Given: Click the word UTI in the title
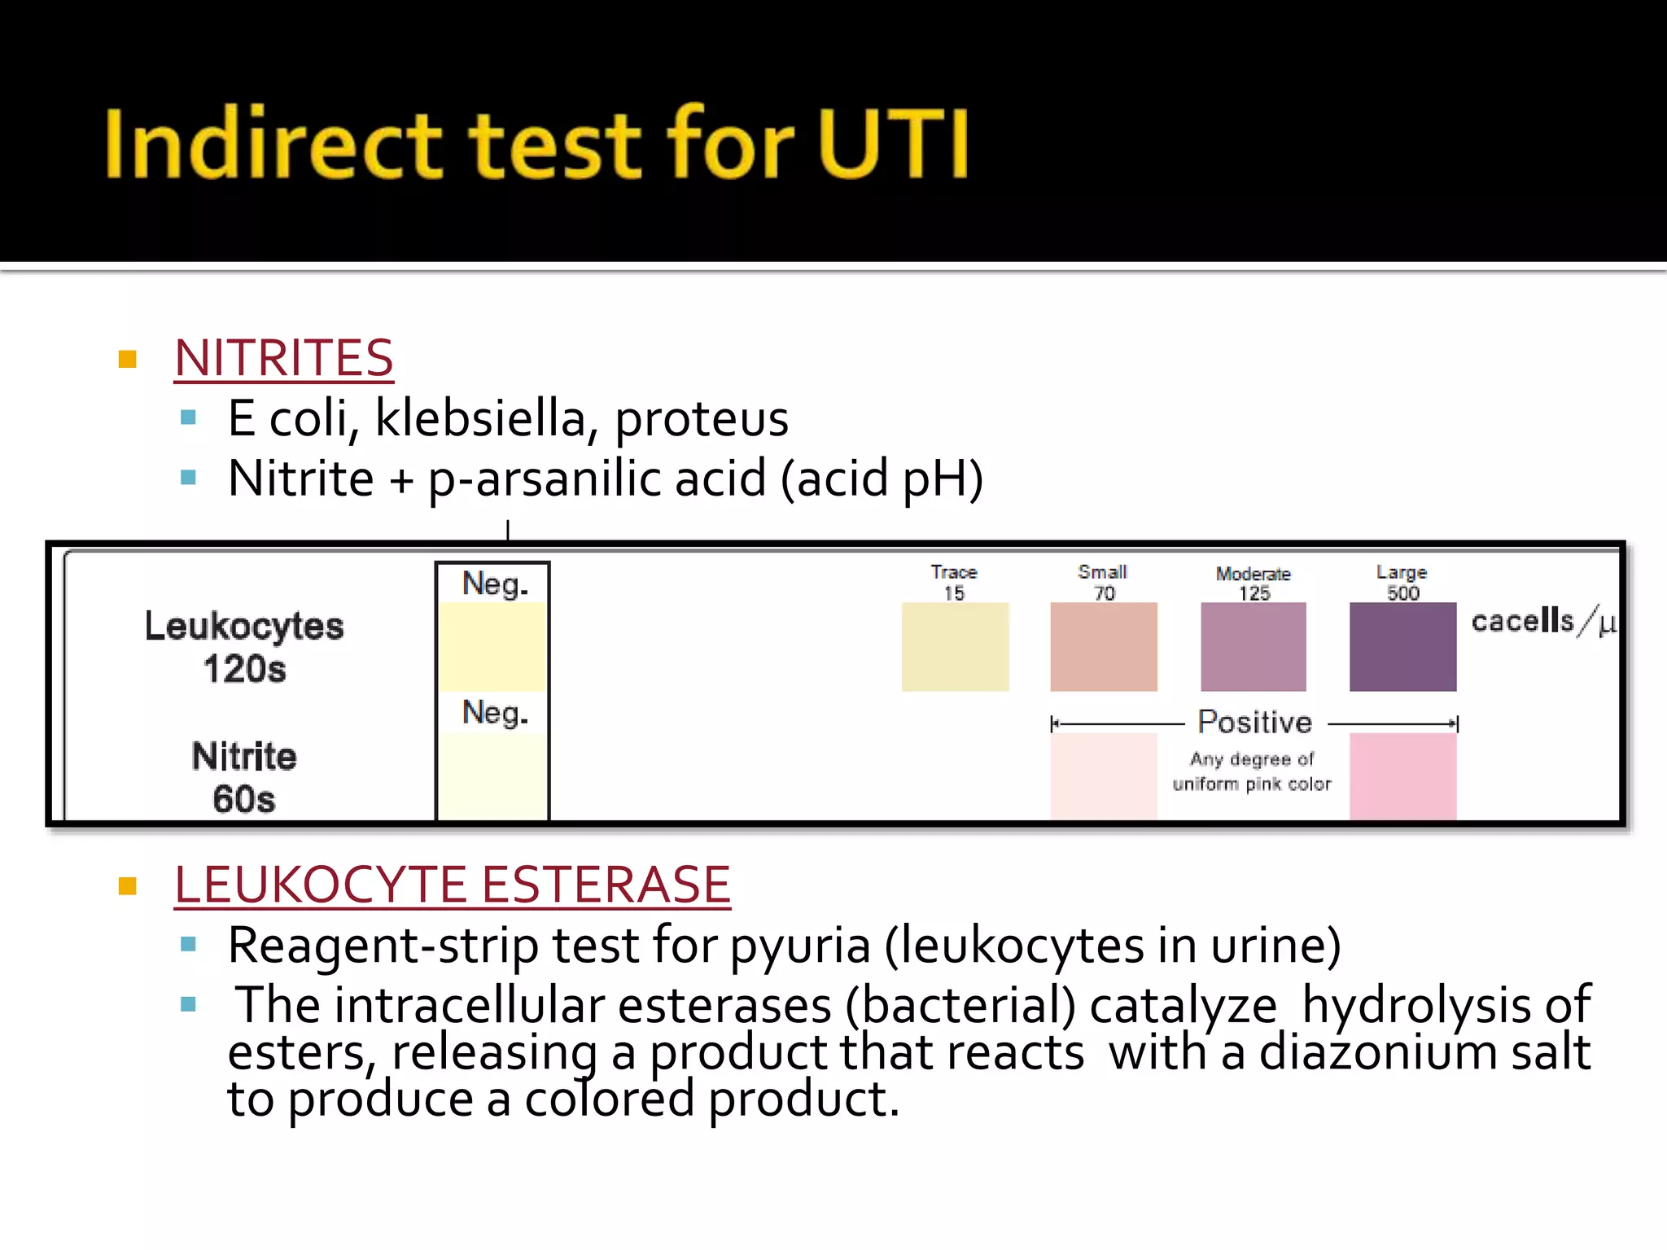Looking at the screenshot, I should pyautogui.click(x=894, y=144).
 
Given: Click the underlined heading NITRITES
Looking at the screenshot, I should pyautogui.click(x=284, y=358).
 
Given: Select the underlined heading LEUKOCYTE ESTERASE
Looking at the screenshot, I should pyautogui.click(x=453, y=885).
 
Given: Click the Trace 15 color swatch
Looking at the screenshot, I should pyautogui.click(x=955, y=647).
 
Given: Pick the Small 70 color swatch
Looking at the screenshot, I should pyautogui.click(x=1104, y=647).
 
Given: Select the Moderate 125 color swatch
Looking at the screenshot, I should pyautogui.click(x=1254, y=647).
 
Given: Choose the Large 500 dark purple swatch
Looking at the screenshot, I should pyautogui.click(x=1402, y=647).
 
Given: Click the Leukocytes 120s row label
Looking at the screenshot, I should pyautogui.click(x=244, y=647).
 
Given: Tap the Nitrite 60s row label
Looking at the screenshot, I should pyautogui.click(x=244, y=777).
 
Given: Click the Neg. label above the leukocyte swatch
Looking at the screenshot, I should pyautogui.click(x=495, y=584).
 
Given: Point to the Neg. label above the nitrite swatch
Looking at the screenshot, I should pyautogui.click(x=495, y=713).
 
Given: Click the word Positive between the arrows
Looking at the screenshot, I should pyautogui.click(x=1254, y=723).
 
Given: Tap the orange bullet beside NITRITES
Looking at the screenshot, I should pyautogui.click(x=128, y=359).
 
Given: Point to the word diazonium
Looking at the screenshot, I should pyautogui.click(x=1378, y=1052).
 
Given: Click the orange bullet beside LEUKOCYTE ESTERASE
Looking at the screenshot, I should pyautogui.click(x=128, y=885).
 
